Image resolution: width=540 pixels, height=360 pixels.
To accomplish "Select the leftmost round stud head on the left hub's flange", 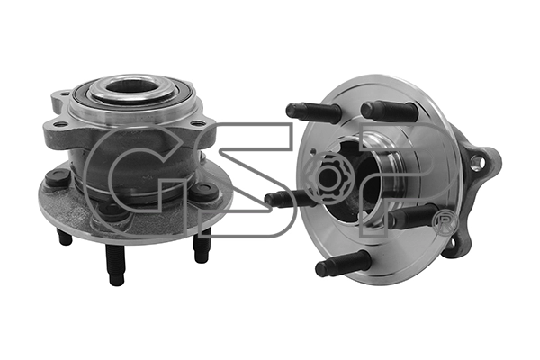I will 57,178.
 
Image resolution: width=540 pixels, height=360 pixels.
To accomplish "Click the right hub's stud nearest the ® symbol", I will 413,217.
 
